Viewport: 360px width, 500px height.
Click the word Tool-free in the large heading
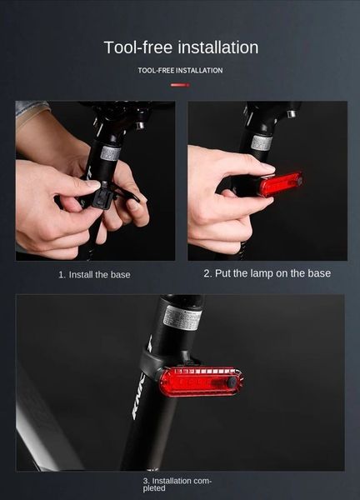(137, 47)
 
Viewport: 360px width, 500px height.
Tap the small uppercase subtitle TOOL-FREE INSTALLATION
(180, 71)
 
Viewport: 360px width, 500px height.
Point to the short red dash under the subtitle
(180, 85)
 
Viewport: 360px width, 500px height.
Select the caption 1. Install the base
(94, 274)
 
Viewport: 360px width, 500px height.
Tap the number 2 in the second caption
(207, 273)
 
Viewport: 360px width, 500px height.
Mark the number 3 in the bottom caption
(146, 481)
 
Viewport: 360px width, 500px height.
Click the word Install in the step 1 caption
(85, 274)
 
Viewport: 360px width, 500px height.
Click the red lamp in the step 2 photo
(279, 183)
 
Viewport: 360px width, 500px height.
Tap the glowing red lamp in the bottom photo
(200, 382)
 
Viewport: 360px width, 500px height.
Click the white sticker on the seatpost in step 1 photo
(110, 153)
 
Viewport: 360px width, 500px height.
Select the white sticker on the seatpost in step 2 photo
(261, 142)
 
